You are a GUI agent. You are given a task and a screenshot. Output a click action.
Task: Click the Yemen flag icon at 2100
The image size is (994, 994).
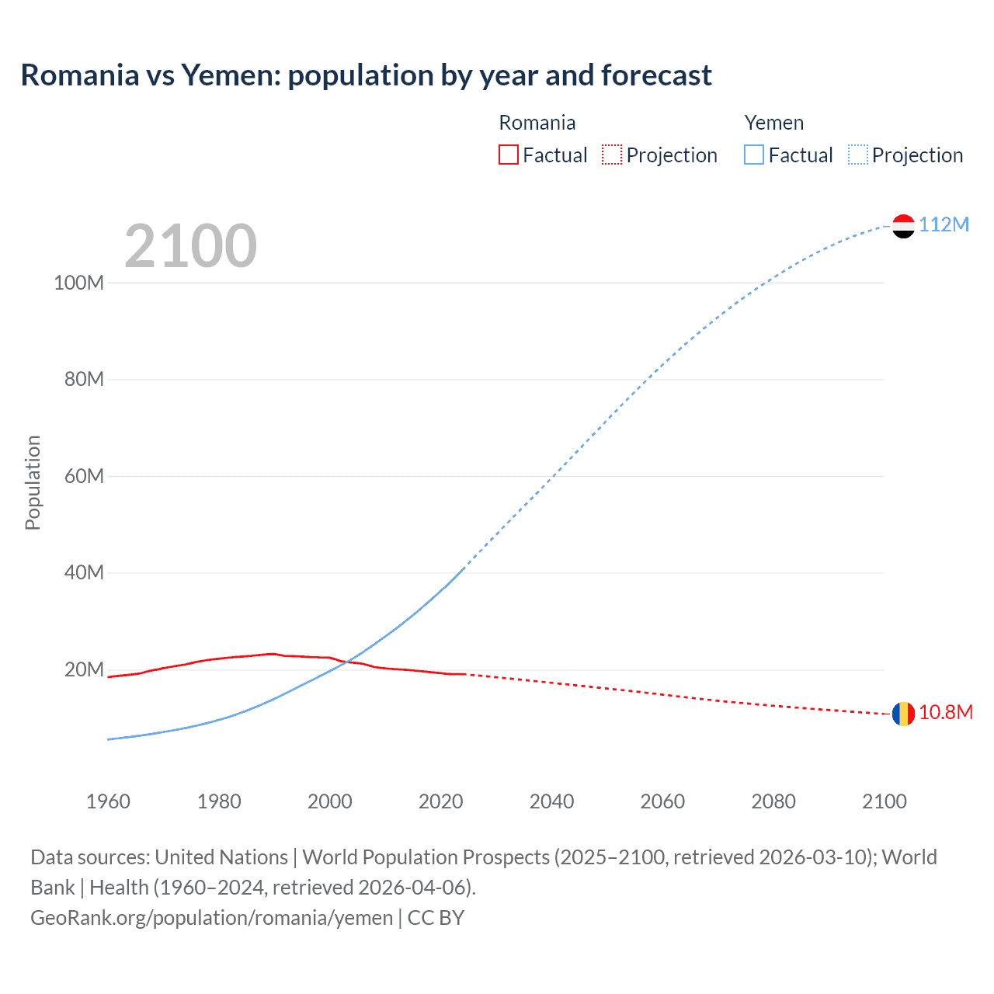903,226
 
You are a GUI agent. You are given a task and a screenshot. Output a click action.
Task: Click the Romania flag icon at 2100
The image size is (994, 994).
903,714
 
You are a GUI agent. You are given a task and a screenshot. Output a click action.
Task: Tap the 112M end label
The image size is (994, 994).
944,224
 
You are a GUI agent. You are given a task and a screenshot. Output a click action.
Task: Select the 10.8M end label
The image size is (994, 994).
945,712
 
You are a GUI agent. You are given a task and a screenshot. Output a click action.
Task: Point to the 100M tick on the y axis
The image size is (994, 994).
78,283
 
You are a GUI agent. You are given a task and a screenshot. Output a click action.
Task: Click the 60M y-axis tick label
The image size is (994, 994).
84,476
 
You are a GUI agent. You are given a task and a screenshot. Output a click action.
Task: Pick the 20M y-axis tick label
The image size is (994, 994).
84,669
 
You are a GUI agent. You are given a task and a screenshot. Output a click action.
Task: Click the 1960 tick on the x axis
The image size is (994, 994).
108,801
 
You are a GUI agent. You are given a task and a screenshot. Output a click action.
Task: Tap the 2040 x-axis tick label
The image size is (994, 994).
551,801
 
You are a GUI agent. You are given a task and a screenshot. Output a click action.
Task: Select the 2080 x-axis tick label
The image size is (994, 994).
773,801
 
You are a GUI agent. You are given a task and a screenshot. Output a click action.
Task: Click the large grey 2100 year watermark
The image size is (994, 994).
190,246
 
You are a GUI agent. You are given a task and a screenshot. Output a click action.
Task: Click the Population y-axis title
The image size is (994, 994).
33,482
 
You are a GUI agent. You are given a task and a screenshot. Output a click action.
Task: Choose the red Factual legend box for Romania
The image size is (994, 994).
508,155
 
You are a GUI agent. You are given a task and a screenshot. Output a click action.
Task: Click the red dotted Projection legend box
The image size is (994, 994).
612,155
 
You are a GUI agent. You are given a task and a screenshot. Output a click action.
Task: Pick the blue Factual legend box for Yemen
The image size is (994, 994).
753,155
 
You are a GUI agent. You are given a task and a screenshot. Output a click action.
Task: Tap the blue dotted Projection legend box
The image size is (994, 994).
857,155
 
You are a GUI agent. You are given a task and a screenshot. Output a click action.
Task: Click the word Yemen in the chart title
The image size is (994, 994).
231,75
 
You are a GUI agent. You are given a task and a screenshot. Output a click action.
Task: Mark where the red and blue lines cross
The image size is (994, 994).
347,662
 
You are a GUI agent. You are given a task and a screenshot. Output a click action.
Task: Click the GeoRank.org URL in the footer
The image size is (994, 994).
211,918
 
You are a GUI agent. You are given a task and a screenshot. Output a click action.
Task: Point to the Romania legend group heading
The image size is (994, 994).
537,123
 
